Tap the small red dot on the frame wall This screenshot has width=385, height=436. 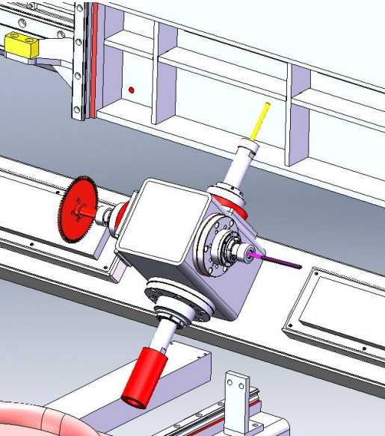[132, 90]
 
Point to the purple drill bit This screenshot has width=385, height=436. [277, 259]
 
